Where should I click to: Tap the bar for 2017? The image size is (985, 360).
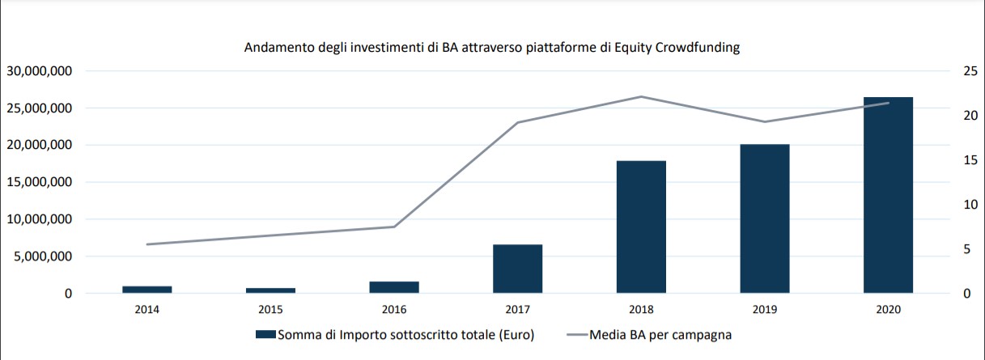(517, 268)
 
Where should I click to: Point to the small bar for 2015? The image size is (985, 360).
(270, 290)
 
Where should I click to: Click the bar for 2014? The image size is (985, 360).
(146, 289)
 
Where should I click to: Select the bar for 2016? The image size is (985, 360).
(394, 287)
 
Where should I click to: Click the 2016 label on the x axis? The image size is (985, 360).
(394, 310)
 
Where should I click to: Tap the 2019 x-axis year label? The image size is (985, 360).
(764, 310)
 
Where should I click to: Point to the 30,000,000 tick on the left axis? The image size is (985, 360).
(40, 71)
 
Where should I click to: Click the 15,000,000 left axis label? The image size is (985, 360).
(40, 182)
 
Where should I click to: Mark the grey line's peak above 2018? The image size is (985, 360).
(641, 96)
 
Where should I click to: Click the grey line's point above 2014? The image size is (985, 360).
(146, 244)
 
